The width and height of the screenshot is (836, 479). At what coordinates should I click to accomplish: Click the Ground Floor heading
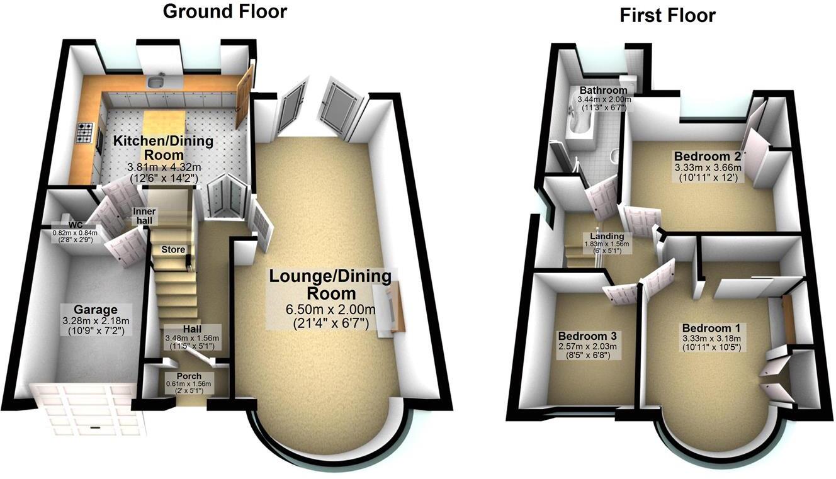point(225,11)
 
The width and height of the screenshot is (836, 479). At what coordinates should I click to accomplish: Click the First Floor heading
point(667,15)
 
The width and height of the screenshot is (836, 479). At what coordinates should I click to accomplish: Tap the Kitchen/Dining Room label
point(162,148)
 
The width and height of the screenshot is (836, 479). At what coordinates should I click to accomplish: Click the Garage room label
point(96,310)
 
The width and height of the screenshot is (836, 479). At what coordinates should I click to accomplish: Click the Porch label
point(189,376)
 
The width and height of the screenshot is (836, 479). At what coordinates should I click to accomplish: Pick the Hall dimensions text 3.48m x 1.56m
point(193,339)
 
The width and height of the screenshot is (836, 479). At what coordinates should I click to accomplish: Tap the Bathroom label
point(603,90)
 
